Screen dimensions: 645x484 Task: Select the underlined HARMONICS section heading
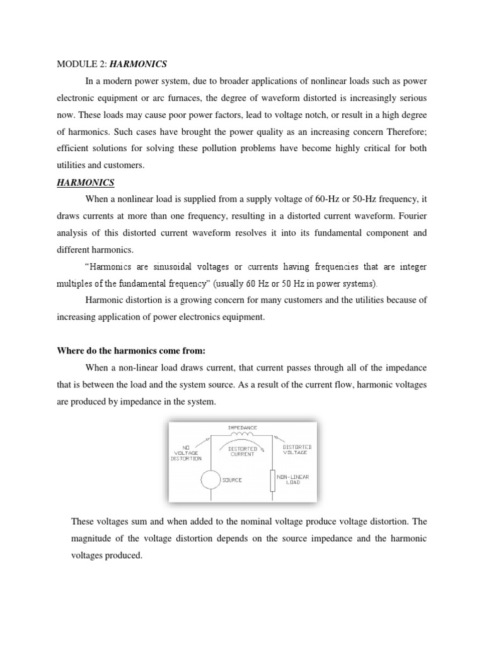point(86,183)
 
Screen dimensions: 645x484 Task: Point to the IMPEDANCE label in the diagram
point(243,428)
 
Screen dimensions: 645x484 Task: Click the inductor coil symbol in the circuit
point(243,435)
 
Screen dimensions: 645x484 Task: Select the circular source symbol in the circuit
point(209,481)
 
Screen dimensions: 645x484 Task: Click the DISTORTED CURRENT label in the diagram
point(242,451)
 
